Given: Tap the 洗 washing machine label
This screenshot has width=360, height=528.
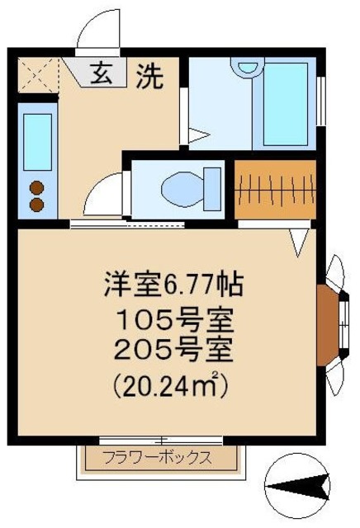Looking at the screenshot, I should point(149,77).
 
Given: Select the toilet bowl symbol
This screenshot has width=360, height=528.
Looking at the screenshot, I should point(183,188).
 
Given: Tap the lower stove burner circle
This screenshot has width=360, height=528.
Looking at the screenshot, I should point(37,204).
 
